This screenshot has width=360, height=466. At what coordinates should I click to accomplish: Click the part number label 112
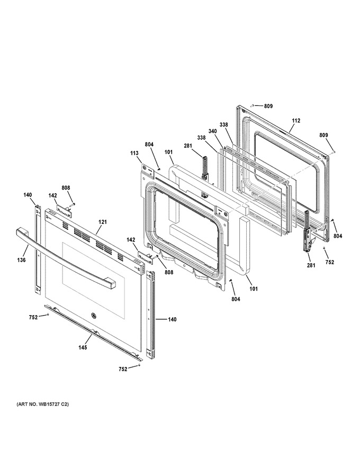[x=296, y=120]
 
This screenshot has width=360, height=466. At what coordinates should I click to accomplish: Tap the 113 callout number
[x=134, y=153]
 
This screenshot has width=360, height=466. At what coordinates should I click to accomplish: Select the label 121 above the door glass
[x=103, y=222]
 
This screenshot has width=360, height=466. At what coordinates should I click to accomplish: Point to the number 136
[x=21, y=260]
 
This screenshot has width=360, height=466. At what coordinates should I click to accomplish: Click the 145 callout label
[x=83, y=347]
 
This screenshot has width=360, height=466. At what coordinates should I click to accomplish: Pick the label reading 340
[x=212, y=131]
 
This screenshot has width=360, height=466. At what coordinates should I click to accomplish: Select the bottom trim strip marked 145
[x=93, y=332]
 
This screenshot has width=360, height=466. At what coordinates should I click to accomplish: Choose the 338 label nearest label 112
[x=223, y=125]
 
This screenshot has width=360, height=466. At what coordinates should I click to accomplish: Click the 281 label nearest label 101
[x=188, y=146]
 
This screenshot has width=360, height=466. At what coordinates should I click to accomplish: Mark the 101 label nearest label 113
[x=168, y=152]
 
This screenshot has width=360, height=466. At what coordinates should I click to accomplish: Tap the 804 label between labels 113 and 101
[x=149, y=144]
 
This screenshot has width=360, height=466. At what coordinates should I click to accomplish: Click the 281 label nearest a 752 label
[x=311, y=265]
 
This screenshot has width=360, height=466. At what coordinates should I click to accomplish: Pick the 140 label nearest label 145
[x=172, y=319]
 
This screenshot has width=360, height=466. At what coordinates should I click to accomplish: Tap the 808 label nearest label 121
[x=66, y=188]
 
